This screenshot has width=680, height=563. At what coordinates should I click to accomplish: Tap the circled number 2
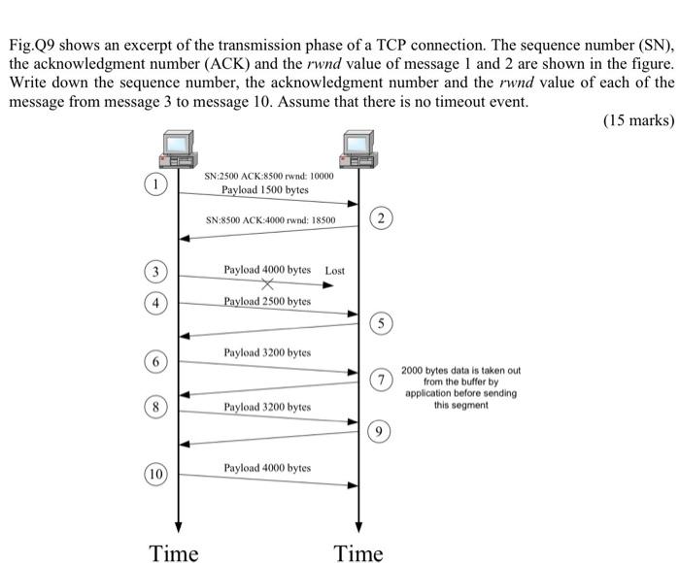tap(384, 219)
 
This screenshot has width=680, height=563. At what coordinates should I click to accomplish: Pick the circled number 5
tap(384, 322)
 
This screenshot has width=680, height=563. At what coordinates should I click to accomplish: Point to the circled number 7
tap(384, 380)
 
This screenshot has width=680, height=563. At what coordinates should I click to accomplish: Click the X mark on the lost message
tap(267, 284)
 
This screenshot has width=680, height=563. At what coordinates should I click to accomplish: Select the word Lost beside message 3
tap(334, 270)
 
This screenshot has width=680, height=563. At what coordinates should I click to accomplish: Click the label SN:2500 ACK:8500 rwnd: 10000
tap(269, 176)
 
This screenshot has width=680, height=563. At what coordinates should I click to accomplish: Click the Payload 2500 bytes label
tap(267, 301)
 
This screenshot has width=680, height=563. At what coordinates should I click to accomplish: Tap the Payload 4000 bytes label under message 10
tap(267, 468)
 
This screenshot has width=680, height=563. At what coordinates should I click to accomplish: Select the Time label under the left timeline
tap(174, 553)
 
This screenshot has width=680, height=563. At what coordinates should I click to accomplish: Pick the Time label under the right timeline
tap(358, 553)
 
